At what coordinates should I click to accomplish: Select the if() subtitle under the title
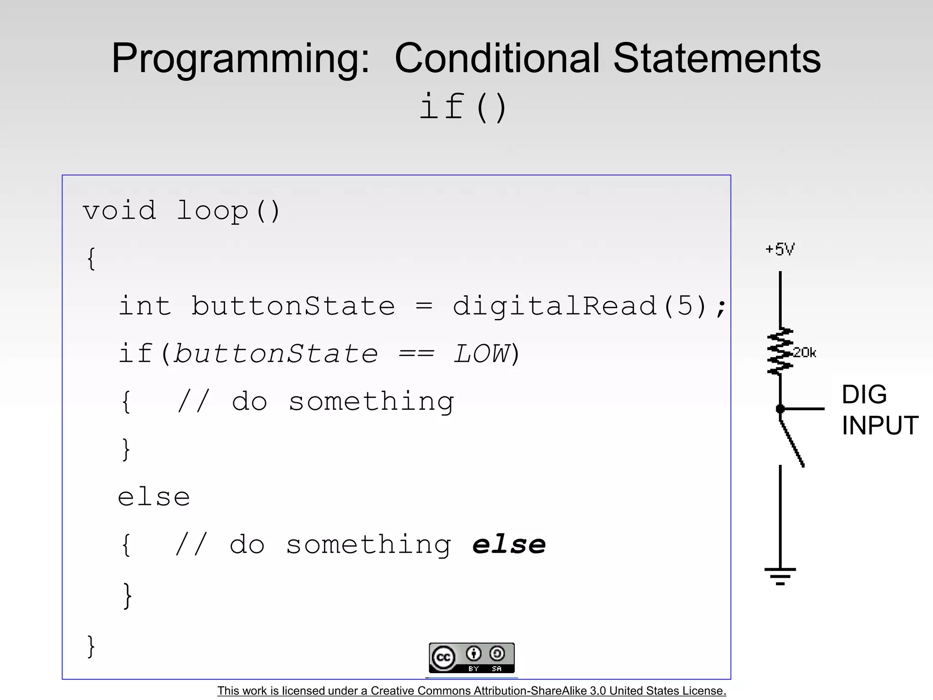(x=463, y=107)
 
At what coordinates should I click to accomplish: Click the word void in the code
(x=119, y=211)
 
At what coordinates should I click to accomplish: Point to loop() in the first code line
(x=228, y=211)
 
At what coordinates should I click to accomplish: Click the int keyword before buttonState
(x=145, y=306)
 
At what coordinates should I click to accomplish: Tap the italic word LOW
(x=482, y=354)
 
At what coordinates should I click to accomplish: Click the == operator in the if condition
(x=416, y=354)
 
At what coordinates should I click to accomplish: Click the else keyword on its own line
(x=154, y=497)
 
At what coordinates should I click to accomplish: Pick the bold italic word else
(x=509, y=545)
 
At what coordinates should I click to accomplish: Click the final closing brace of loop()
(x=91, y=646)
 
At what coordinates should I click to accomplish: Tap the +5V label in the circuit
(x=780, y=249)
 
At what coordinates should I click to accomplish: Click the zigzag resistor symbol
(x=780, y=351)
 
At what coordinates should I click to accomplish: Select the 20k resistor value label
(x=805, y=353)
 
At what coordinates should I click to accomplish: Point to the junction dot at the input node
(x=780, y=409)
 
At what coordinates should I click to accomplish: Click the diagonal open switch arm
(x=793, y=443)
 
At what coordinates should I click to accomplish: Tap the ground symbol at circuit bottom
(x=780, y=576)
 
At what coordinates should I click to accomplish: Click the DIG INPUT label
(x=879, y=410)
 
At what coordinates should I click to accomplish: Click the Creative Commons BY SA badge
(x=472, y=658)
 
